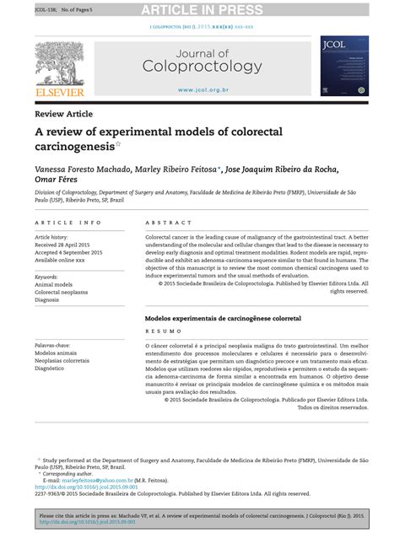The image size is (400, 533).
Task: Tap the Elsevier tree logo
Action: point(58,60)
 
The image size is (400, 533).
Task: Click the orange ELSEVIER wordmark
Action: point(58,91)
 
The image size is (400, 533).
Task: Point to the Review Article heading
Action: point(64,114)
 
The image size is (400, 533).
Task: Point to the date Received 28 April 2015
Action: point(68,245)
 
